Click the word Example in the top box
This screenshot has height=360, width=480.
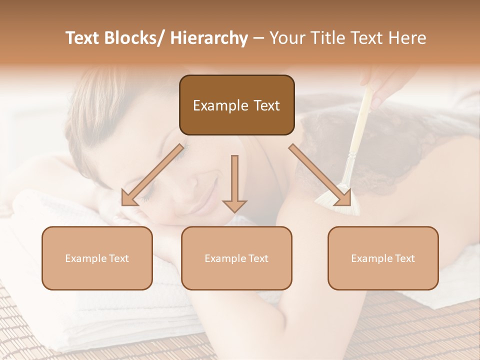click(x=217, y=105)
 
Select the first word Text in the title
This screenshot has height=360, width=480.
click(x=82, y=38)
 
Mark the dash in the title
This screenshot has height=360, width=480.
click(x=258, y=38)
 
